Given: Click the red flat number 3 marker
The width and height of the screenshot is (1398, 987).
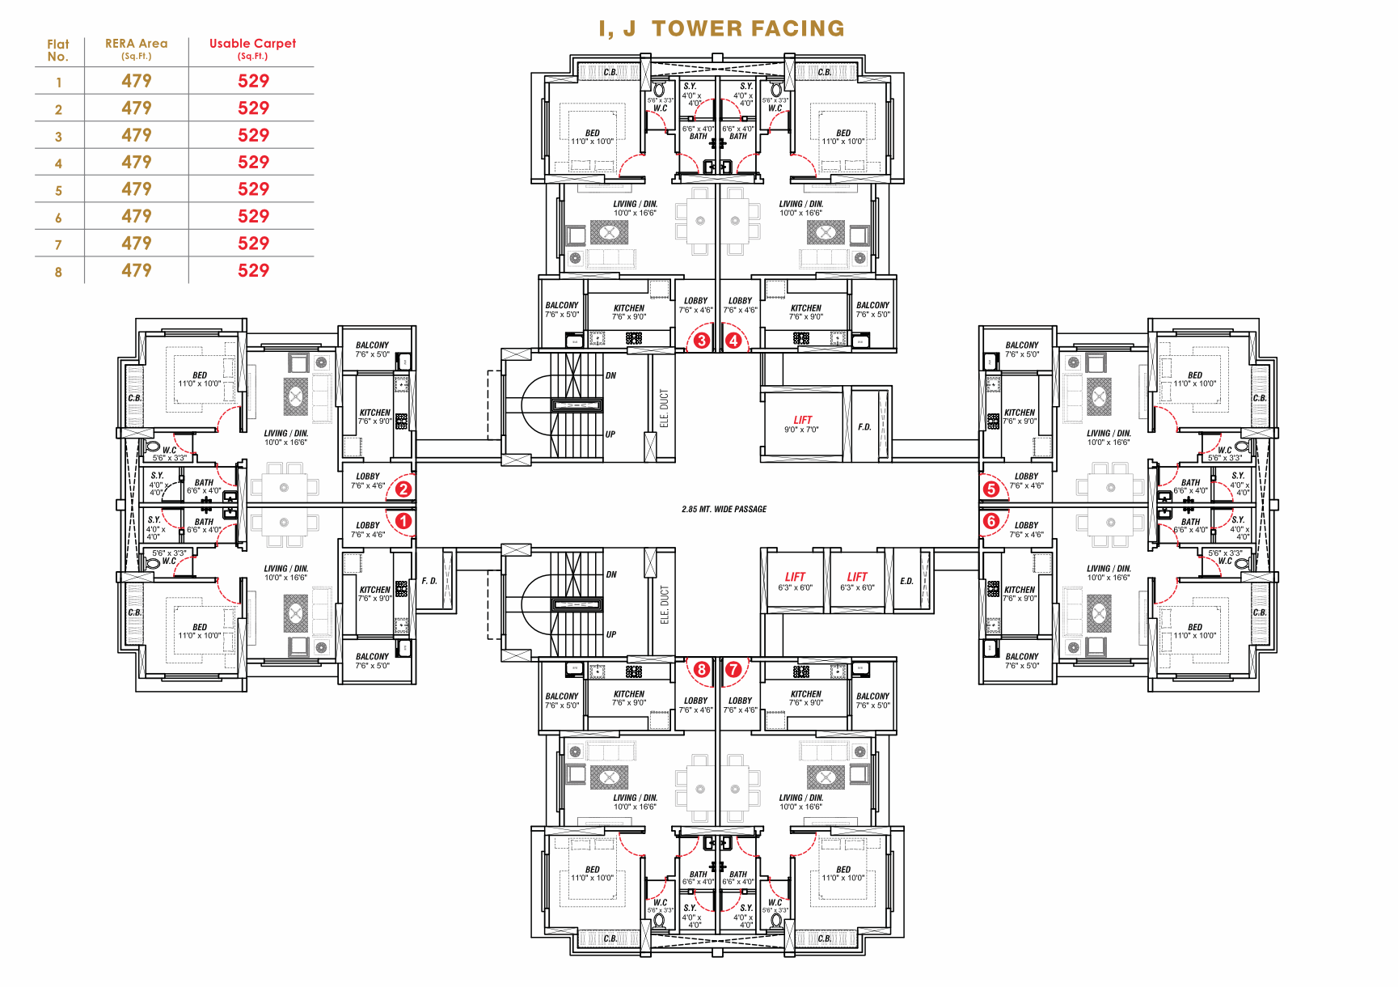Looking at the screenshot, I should (x=701, y=341).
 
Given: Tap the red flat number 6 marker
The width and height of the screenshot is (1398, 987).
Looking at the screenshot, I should (x=991, y=521).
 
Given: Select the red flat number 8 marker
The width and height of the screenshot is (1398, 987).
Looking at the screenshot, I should (x=701, y=669).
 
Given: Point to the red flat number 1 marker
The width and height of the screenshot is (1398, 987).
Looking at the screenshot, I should (x=403, y=521).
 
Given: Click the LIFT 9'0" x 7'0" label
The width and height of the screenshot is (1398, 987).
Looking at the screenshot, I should (x=802, y=424).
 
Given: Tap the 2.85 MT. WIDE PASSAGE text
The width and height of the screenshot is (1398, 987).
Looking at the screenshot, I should (x=724, y=509).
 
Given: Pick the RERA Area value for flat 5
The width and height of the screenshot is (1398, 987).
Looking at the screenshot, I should (x=136, y=189).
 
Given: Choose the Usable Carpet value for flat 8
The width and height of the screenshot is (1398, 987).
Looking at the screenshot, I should (x=253, y=270).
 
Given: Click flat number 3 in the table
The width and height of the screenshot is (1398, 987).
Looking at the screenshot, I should (x=58, y=137).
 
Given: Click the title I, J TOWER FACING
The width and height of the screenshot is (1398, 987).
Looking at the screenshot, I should (x=721, y=28).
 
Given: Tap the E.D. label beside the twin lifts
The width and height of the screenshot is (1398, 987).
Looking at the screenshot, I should (x=906, y=581).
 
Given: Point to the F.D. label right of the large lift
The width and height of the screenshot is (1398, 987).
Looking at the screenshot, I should (x=864, y=426).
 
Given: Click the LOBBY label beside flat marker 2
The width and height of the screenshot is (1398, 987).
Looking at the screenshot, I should (x=368, y=481).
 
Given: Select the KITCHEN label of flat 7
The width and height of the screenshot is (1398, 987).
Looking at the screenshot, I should (x=805, y=697).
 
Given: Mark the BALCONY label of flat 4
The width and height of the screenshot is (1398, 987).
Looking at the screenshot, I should (x=872, y=309).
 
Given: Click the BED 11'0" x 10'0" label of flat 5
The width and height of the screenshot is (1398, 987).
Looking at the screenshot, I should (x=1195, y=379).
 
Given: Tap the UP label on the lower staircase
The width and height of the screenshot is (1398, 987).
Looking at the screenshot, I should (x=610, y=634).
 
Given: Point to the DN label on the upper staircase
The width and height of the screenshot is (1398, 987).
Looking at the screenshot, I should (x=610, y=375).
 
